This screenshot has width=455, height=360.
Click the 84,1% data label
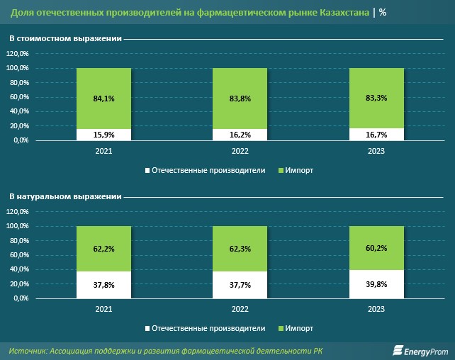[104, 99]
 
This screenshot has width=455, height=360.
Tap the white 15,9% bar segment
[104, 135]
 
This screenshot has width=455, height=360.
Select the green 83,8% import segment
[240, 99]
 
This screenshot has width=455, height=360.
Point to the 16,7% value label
[376, 135]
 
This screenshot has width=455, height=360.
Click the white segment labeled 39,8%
[376, 284]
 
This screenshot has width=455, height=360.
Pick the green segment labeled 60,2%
[376, 248]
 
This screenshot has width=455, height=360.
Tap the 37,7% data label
[240, 285]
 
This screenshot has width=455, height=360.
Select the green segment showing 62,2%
[104, 249]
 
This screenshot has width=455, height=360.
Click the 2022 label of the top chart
[240, 151]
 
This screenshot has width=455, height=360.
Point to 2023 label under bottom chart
[376, 309]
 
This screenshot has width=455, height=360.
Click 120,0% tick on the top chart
[18, 53]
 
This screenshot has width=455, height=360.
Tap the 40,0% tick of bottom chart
[19, 269]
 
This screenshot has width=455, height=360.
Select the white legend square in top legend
[147, 170]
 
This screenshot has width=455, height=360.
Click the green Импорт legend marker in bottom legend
[281, 328]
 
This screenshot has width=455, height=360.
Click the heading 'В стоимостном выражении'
[65, 38]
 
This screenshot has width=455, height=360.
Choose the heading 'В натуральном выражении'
[65, 197]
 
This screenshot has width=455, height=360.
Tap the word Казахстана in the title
[344, 13]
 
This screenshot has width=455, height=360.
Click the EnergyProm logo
[420, 351]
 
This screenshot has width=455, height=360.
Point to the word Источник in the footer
[28, 351]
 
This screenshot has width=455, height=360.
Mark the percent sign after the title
[383, 13]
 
